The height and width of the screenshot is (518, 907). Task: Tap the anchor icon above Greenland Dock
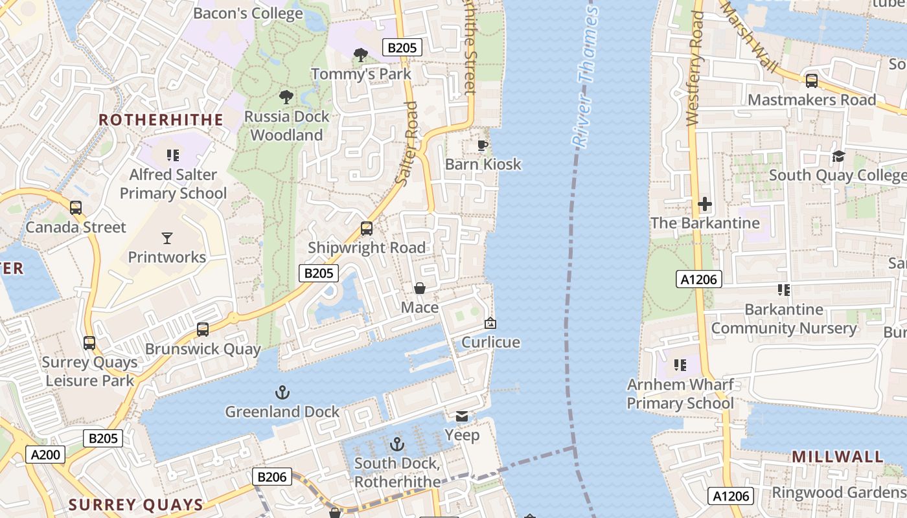[x=282, y=392]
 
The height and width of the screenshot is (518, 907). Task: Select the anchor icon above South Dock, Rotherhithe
[x=397, y=444]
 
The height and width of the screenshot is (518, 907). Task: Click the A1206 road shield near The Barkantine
[x=699, y=279]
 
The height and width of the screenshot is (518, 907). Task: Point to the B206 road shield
[x=272, y=477]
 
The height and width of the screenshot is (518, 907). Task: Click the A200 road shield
[x=46, y=455]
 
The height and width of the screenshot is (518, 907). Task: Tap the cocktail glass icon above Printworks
[x=167, y=238]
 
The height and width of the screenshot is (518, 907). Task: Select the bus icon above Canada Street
[x=76, y=208]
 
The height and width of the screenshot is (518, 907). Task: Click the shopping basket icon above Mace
[x=420, y=288]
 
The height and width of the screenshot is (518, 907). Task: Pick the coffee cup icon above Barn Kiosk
[x=481, y=145]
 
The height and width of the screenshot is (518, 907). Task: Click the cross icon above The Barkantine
[x=705, y=205]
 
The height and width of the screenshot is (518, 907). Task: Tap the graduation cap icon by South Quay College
[x=839, y=156]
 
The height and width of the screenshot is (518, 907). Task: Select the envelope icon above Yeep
[x=462, y=416]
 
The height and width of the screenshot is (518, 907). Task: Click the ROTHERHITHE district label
[x=161, y=120]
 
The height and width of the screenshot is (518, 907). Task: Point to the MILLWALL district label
[x=837, y=456]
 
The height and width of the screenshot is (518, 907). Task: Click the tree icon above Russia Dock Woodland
[x=286, y=98]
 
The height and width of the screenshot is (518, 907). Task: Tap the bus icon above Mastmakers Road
[x=811, y=81]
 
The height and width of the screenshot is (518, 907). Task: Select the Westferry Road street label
[x=694, y=68]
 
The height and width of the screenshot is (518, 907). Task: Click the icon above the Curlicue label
[x=490, y=323]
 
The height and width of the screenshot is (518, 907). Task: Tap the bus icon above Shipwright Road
[x=367, y=229]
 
